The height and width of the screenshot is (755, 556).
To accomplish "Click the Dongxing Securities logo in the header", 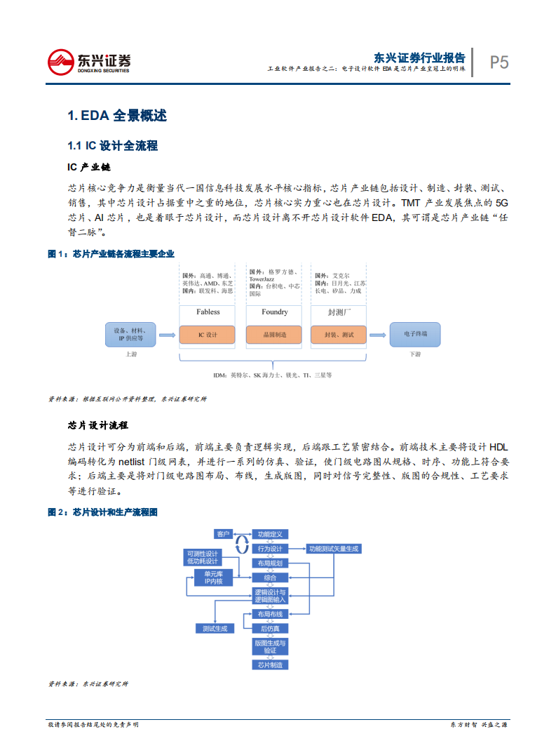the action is tap(88, 62).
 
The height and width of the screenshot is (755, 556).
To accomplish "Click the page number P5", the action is tap(499, 62).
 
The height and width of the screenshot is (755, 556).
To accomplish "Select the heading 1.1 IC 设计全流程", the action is tap(112, 146).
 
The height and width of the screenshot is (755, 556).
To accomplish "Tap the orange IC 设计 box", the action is tap(208, 335).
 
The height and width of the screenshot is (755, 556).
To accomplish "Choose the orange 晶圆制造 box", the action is tap(275, 335).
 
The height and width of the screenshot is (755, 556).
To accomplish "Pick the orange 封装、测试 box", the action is tap(339, 335).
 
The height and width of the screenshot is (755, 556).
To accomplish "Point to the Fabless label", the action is tap(208, 312).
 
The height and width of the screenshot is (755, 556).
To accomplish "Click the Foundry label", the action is tap(275, 312).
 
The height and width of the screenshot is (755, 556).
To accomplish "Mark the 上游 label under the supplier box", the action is tap(131, 354).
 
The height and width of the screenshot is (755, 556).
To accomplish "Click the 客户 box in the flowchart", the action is tap(224, 534).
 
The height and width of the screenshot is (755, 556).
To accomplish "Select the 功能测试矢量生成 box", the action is tap(334, 549).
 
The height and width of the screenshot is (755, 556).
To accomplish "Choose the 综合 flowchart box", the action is tap(270, 577).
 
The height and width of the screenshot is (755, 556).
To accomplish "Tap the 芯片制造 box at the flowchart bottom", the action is tap(270, 664).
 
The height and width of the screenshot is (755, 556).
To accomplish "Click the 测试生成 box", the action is tap(215, 628).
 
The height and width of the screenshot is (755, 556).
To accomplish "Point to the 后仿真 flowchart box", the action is tap(270, 628).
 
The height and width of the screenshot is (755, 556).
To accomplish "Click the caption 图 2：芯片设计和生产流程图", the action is tap(102, 512).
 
